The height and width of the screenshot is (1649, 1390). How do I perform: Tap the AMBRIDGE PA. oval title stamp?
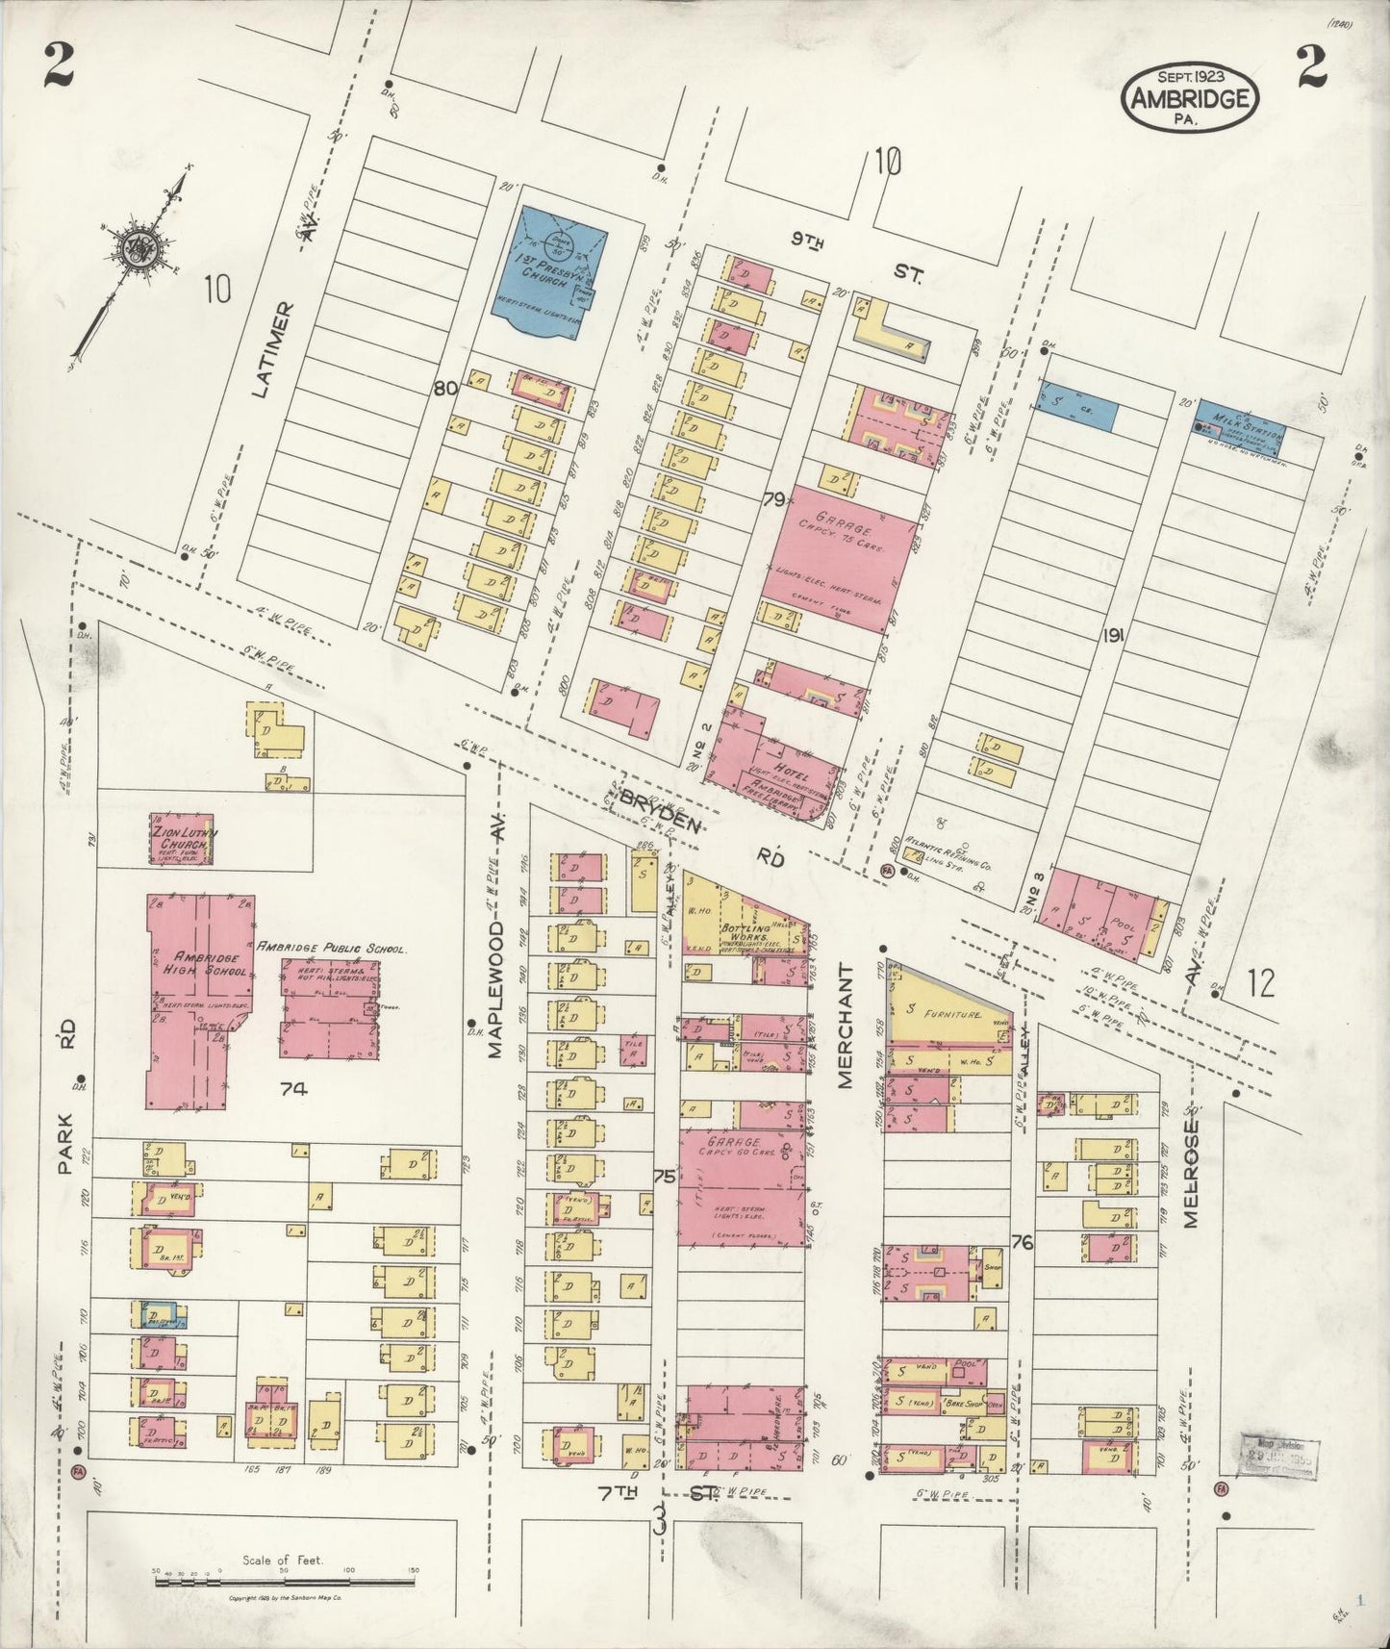coord(1190,98)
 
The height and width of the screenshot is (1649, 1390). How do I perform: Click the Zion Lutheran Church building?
coord(181,839)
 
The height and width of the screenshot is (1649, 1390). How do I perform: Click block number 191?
coord(1115,635)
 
